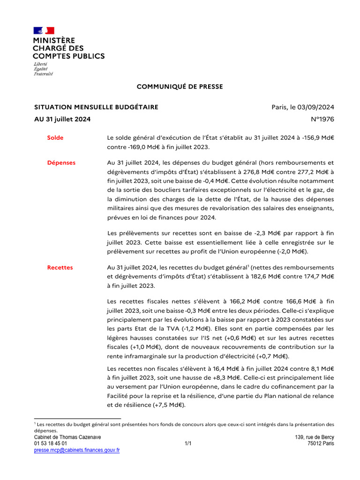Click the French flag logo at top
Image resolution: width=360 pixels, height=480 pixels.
click(44, 30)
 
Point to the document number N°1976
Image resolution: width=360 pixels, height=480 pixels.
click(322, 120)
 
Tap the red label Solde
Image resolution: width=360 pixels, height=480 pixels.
click(55, 138)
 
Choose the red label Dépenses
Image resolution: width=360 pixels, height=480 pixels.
click(61, 163)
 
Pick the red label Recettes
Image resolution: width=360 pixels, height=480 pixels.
click(60, 267)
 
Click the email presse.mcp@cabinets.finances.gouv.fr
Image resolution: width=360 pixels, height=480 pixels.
click(77, 450)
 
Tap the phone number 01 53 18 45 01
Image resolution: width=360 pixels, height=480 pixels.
click(51, 443)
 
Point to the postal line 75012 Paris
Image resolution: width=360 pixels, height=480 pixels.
click(321, 443)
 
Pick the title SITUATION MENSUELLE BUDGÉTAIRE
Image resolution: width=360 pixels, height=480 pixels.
click(96, 107)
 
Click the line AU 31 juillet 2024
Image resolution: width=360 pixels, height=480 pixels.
click(62, 120)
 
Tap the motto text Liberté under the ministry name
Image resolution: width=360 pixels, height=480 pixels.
click(41, 64)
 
